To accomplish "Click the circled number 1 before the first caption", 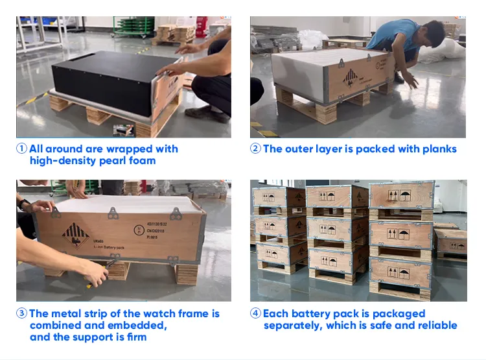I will coord(21,149).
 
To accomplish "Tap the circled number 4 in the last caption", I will coord(256,314).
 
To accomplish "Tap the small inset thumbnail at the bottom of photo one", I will coord(124,130).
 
